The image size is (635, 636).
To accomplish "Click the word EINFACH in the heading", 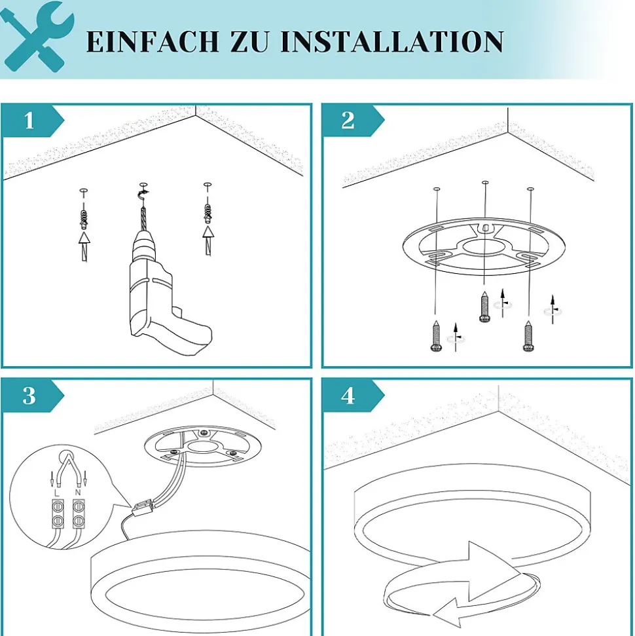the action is [153, 41].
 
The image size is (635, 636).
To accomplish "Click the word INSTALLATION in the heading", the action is [391, 41].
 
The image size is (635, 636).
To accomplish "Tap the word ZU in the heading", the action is [249, 41].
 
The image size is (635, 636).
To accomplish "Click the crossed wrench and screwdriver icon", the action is [37, 37].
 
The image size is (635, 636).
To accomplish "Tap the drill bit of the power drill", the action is [143, 219].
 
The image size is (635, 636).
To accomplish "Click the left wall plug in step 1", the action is [84, 219].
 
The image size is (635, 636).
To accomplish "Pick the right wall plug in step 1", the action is [208, 214].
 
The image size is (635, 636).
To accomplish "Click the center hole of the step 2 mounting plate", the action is [483, 246].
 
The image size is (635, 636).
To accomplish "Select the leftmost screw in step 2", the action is [436, 336].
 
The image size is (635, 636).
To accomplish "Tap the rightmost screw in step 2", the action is [528, 336].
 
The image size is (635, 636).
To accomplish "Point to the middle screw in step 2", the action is [484, 307].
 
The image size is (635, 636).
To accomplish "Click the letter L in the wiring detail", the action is [56, 493].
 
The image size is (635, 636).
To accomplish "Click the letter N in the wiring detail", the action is [78, 493].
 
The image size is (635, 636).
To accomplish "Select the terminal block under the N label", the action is [79, 514].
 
